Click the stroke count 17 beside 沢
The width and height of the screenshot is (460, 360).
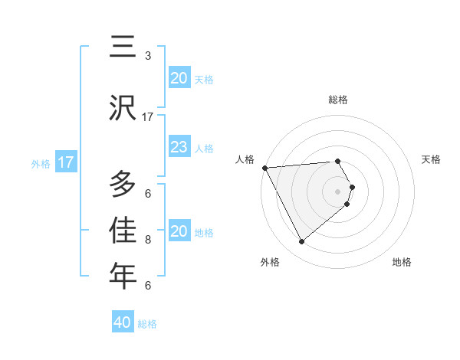148,117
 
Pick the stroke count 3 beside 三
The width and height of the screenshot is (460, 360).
148,56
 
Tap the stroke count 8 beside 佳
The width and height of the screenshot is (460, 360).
148,240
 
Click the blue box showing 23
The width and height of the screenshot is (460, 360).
179,147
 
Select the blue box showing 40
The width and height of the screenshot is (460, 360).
123,322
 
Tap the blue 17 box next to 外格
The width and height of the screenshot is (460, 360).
66,162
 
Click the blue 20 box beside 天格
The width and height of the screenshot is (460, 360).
179,78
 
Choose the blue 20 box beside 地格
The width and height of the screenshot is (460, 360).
179,231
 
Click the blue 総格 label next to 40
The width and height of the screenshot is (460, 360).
147,324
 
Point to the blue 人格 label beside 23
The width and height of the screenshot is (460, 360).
204,149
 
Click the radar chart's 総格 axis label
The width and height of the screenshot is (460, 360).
338,100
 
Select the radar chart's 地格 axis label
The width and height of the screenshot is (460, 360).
402,262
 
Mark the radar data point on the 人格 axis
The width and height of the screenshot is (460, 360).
264,168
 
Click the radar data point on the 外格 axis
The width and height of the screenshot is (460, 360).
302,242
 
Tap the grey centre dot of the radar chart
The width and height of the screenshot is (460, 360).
338,190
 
